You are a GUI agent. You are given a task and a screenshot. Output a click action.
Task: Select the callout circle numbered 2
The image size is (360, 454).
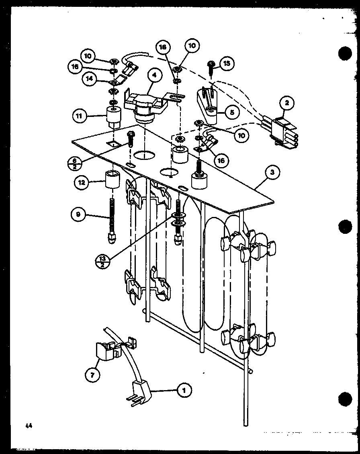pyautogui.click(x=286, y=103)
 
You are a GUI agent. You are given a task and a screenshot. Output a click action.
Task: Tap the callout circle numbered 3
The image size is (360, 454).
pyautogui.click(x=272, y=173)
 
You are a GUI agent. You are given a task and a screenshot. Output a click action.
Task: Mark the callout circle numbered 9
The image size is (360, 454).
pyautogui.click(x=78, y=215)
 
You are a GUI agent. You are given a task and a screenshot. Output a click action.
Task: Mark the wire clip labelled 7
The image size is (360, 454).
pyautogui.click(x=106, y=351)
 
